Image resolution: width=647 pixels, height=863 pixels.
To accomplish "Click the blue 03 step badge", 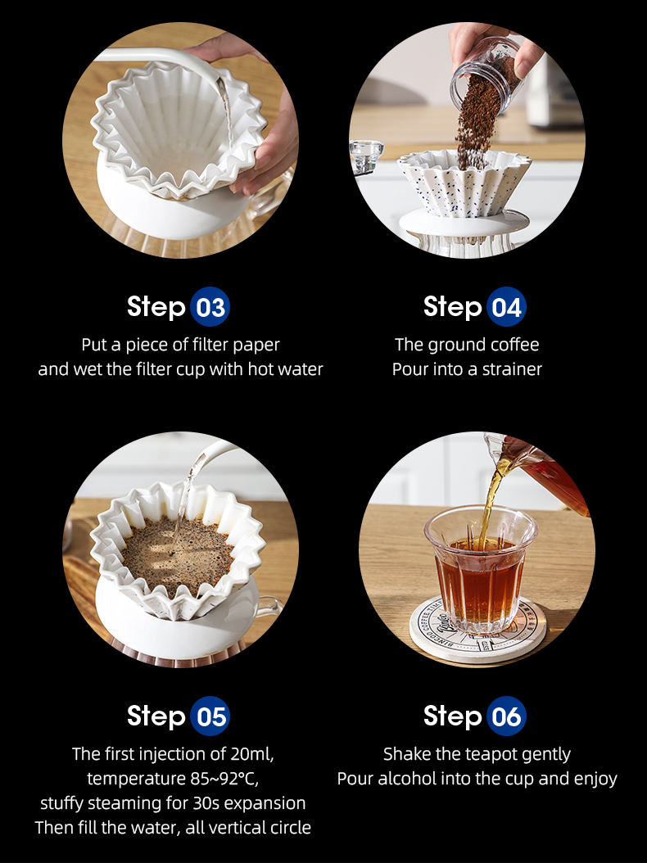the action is pos(210,306).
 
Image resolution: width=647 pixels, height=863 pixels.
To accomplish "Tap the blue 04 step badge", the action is pos(506,306).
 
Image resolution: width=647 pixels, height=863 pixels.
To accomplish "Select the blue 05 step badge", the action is pos(210,716).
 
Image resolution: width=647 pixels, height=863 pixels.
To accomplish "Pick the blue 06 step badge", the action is pos(506,716).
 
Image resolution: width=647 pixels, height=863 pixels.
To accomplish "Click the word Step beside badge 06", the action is pos(452,716).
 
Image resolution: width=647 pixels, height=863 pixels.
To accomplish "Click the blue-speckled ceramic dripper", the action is pos(464,184).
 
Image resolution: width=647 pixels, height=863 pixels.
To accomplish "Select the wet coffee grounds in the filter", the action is pos(177,556).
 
